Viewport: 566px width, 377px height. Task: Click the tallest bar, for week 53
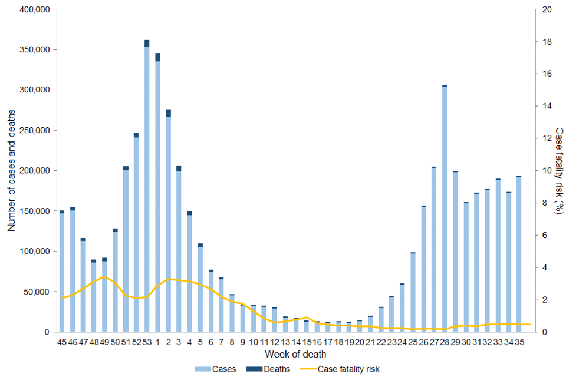point(147,188)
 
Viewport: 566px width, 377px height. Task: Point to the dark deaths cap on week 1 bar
point(157,57)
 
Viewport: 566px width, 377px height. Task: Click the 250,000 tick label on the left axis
point(34,131)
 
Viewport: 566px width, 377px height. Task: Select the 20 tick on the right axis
point(547,10)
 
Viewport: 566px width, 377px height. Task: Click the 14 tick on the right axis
point(547,107)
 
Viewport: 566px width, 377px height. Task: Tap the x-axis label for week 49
point(104,342)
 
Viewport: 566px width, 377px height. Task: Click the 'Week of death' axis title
point(292,354)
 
